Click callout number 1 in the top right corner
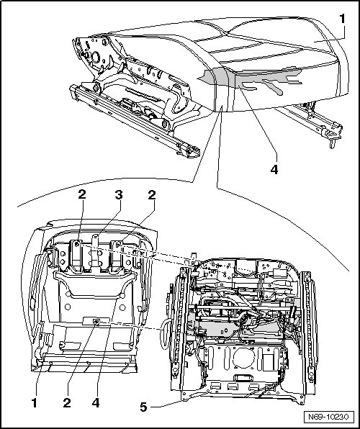342,19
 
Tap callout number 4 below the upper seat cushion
274,169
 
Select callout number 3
119,195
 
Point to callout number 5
143,407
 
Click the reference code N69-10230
328,417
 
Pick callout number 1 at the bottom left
35,403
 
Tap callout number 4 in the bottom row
96,403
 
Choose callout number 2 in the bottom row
67,403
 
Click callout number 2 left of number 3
82,194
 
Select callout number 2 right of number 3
152,195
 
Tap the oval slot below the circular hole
243,378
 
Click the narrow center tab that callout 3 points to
95,250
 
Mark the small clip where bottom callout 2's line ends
96,322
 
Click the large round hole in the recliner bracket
96,57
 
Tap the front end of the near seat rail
191,152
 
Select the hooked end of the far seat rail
333,137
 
